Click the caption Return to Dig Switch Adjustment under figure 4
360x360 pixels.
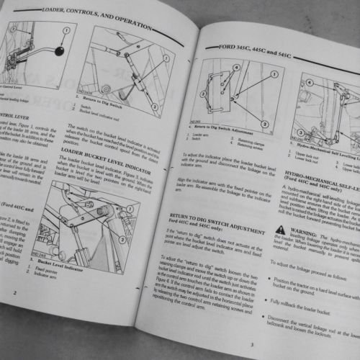pyautogui.click(x=228, y=128)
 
